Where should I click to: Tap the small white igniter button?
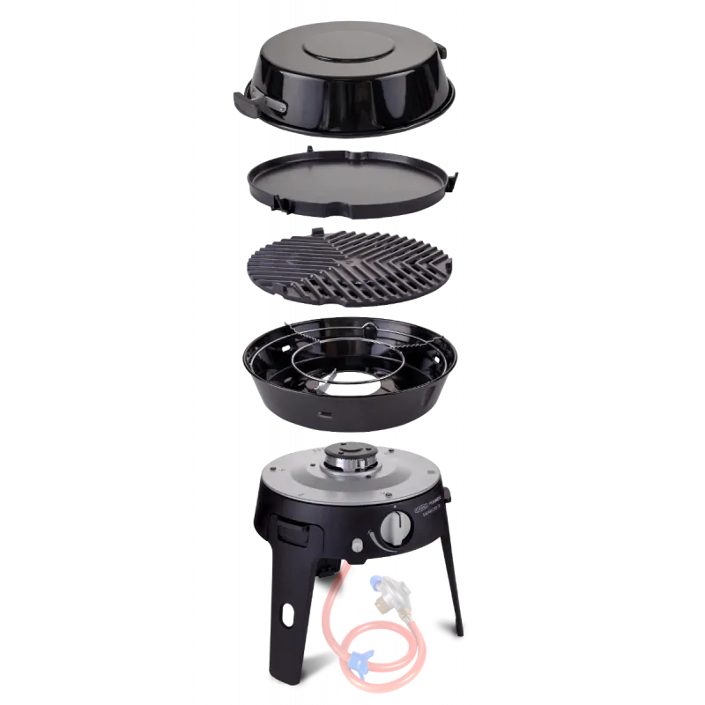click(357, 545)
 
